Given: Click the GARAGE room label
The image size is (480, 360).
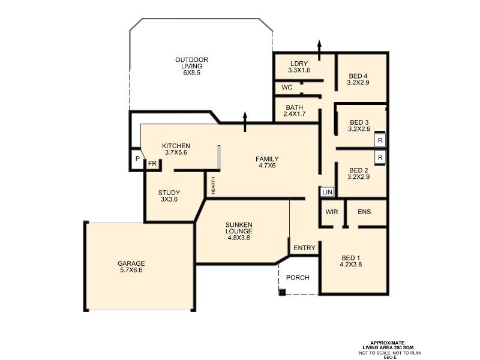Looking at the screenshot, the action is pos(131,263).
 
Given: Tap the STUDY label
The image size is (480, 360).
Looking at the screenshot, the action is pos(169,193).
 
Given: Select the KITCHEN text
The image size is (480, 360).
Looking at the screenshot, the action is pos(176,146).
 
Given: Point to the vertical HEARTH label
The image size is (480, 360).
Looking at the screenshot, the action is pos(214,185).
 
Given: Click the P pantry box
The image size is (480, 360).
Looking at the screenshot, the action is pos(137,159).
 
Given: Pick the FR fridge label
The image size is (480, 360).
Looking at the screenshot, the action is pos(152,164).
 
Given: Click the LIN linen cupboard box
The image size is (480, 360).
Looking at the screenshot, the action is pos(327,192).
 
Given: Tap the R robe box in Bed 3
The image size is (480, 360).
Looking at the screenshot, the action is pos(380,140).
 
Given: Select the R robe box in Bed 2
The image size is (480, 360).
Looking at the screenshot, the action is pos(380,158).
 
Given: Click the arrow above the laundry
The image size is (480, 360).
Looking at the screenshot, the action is pos(319,50).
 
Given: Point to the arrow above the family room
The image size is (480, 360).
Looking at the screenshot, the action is pos(245,122).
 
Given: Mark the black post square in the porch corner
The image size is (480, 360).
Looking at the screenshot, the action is pos(282,292).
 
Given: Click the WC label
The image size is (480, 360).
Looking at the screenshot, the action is pos(287,88).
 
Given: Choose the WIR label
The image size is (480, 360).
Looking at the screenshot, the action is pos(332,212).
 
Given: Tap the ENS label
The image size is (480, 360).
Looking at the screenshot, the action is pos(364,212).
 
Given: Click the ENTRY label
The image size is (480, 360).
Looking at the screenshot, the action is pos(304,248).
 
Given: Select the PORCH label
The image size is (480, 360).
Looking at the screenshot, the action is pos(298,278).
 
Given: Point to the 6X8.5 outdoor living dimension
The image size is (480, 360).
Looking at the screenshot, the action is pos(191,73).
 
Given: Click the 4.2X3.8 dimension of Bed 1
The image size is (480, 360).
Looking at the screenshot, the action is pos(351,265).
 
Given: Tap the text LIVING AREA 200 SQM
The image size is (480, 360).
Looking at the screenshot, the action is pos(388,347).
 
